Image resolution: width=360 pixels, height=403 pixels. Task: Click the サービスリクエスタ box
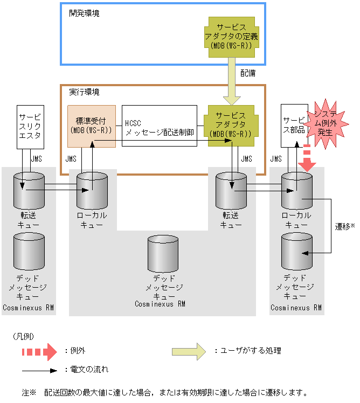tap(30, 127)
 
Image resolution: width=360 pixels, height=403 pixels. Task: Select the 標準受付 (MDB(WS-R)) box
tap(91, 126)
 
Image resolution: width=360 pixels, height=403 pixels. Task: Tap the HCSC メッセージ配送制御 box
tap(159, 126)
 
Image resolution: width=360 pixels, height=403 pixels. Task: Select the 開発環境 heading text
tap(84, 13)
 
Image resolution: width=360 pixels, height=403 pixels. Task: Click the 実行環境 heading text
tap(84, 92)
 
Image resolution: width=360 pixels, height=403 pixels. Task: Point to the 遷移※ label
tap(344, 227)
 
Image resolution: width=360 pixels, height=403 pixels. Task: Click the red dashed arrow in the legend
tap(39, 351)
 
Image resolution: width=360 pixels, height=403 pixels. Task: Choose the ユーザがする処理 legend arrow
tap(189, 351)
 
